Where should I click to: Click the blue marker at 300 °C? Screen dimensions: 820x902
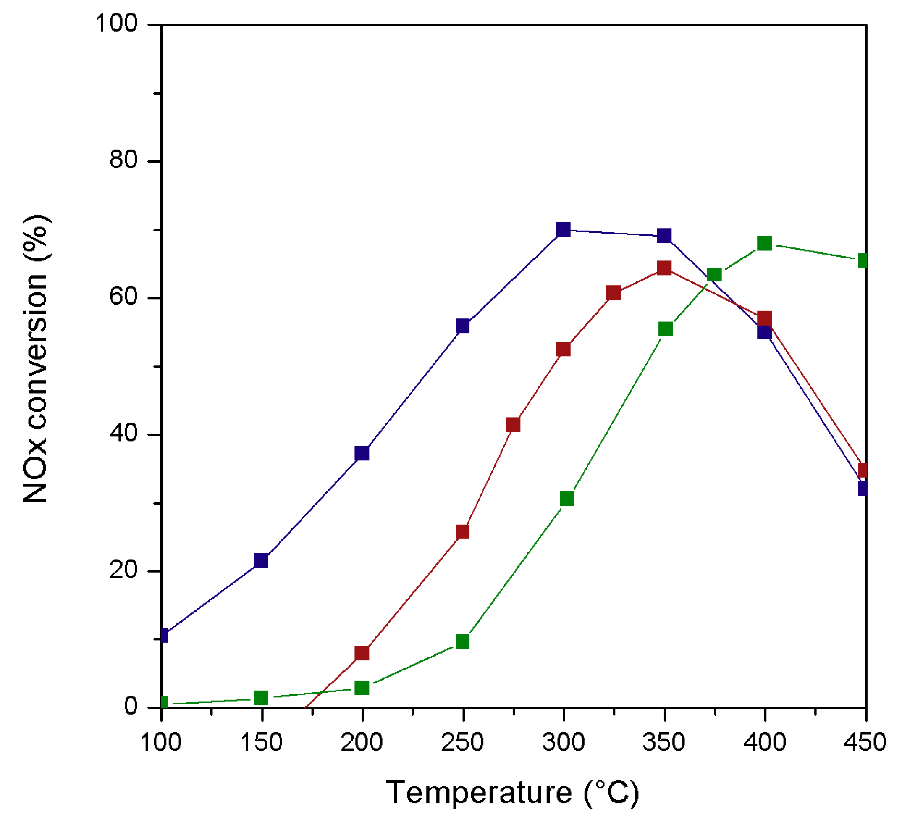563,230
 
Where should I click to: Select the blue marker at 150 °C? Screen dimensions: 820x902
261,560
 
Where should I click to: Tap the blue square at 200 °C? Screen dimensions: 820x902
362,453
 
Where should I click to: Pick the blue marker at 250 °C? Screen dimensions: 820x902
463,326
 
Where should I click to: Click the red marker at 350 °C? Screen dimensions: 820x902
664,268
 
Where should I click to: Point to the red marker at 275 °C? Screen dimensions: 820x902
513,424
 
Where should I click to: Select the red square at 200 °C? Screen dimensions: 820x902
362,653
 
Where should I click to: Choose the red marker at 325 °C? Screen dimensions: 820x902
614,293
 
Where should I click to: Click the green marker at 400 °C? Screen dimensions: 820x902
765,244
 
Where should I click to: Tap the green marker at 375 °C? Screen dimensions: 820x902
715,274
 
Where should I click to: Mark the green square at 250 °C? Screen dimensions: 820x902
463,641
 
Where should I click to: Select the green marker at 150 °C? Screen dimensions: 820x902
261,698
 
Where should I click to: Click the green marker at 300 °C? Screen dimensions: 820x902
567,499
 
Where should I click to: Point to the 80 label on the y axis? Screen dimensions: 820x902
123,160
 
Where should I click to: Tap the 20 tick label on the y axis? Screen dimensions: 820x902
123,570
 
